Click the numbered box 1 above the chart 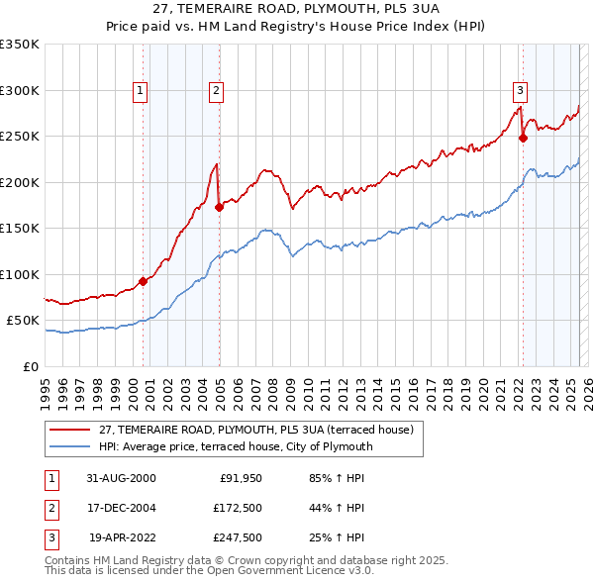click(x=141, y=91)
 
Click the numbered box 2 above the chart click(x=216, y=91)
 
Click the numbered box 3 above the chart click(x=520, y=91)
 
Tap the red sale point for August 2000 click(x=143, y=281)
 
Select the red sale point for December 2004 click(x=219, y=207)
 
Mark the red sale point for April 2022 click(x=523, y=138)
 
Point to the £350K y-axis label click(x=20, y=45)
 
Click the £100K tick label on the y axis click(x=20, y=274)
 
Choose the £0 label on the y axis click(x=30, y=366)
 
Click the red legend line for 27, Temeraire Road click(x=71, y=430)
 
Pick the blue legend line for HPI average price click(x=71, y=446)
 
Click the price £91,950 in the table click(x=239, y=478)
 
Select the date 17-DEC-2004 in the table click(x=122, y=508)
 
